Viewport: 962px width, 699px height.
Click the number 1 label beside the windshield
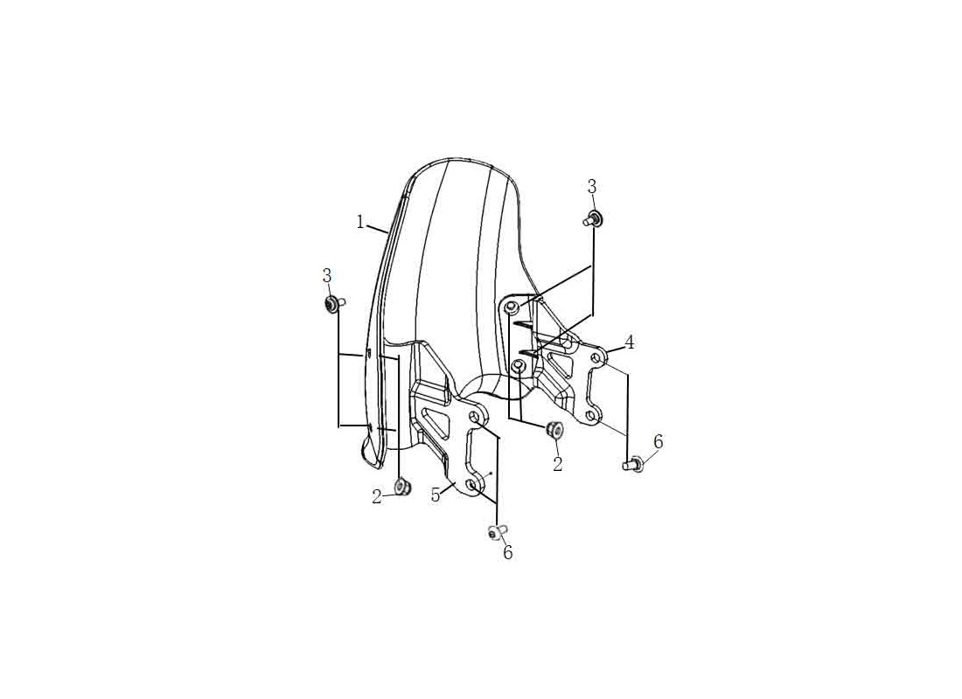(x=360, y=222)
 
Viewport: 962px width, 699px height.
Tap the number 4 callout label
(x=629, y=343)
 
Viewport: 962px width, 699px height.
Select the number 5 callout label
(x=436, y=495)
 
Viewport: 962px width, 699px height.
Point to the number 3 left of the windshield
(x=327, y=276)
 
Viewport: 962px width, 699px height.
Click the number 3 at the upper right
(x=591, y=187)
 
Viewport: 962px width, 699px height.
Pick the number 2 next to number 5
(x=377, y=497)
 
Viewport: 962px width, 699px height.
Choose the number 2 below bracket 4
(x=557, y=464)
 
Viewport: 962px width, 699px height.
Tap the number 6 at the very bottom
(x=507, y=552)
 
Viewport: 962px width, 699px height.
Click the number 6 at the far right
(x=659, y=441)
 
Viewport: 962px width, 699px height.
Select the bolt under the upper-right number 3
(x=592, y=218)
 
